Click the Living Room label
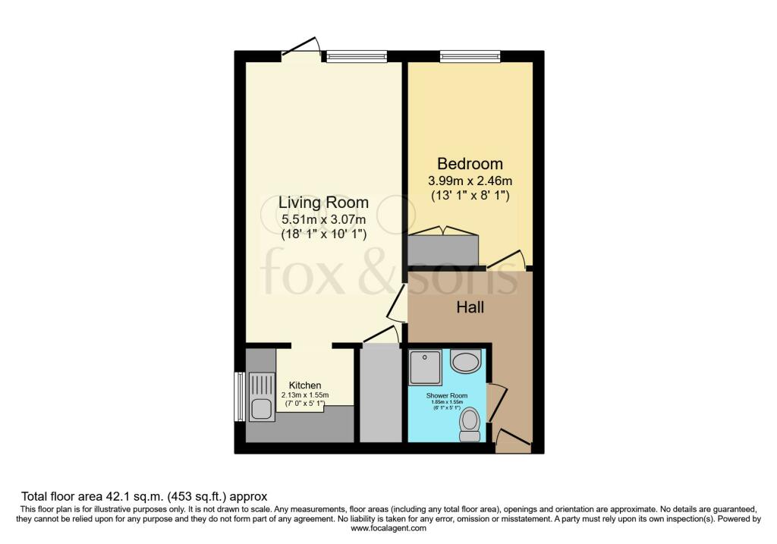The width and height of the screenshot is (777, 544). [323, 203]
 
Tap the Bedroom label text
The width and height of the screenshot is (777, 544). [470, 164]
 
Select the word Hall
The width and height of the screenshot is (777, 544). [470, 308]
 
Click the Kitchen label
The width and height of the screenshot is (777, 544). [304, 385]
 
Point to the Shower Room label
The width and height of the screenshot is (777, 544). [447, 396]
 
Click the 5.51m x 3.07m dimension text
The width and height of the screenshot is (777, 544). [323, 219]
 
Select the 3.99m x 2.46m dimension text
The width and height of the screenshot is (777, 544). [470, 181]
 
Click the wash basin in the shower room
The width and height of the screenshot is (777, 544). [464, 361]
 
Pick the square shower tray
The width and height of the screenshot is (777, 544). [425, 367]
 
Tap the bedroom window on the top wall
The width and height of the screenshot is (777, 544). [470, 55]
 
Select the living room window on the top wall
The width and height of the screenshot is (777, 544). [356, 55]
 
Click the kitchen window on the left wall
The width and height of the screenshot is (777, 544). [239, 395]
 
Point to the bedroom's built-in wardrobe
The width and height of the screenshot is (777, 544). [444, 248]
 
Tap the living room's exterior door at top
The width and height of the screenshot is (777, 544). [301, 47]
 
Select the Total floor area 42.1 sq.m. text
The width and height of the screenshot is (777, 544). [144, 497]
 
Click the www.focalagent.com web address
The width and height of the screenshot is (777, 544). [388, 528]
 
